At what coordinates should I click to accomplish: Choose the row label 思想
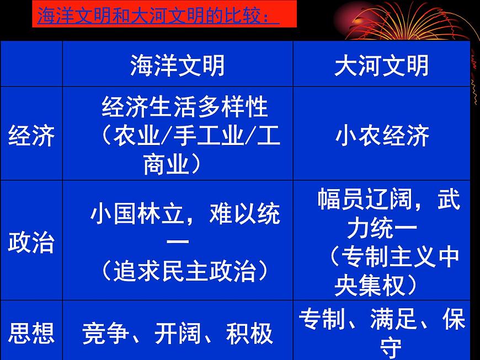(31, 334)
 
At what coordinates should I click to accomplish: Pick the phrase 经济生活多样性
(185, 107)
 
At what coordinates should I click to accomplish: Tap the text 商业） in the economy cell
(172, 164)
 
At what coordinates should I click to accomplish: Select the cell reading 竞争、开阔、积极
(177, 334)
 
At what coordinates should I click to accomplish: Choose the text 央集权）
(375, 286)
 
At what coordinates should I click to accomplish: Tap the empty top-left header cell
(31, 64)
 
